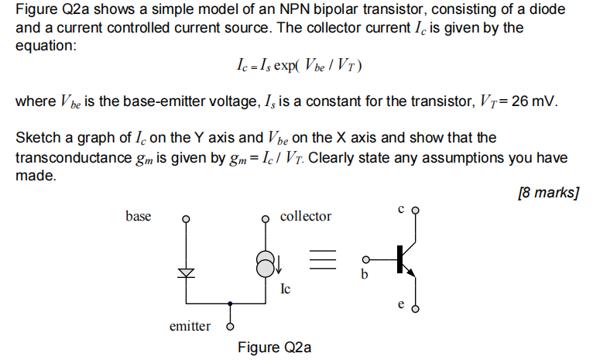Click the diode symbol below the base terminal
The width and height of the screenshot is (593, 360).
[184, 273]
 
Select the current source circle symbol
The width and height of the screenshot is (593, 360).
[265, 266]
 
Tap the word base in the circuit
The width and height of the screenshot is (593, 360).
[139, 216]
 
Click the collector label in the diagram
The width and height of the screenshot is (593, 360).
[306, 216]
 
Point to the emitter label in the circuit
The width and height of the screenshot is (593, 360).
[190, 326]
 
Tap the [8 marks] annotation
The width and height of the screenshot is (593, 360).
[548, 192]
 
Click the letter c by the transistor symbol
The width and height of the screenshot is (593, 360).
[401, 208]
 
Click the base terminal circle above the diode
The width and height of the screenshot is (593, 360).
[184, 218]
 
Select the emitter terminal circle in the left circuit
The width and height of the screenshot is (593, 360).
[230, 326]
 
